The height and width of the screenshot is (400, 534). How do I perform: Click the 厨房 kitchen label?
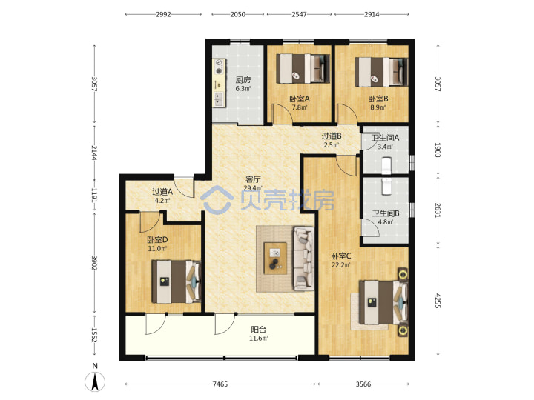(x=243, y=80)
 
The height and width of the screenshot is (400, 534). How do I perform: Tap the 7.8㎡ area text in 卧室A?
(x=300, y=107)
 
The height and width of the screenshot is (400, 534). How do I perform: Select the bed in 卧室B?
(x=381, y=72)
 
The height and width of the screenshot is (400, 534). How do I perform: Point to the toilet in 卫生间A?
(x=386, y=165)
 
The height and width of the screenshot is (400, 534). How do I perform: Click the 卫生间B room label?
(x=386, y=213)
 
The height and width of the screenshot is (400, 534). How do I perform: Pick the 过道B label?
(x=332, y=136)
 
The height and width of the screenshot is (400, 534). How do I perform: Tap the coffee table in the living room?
(x=275, y=258)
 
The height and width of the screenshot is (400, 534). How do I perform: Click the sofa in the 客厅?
(x=304, y=259)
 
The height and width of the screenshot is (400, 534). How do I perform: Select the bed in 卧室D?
(x=176, y=281)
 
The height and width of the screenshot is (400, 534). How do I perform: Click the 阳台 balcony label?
(x=259, y=329)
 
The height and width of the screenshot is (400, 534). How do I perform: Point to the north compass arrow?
(x=95, y=381)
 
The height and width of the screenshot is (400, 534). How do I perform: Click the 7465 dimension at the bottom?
(x=220, y=384)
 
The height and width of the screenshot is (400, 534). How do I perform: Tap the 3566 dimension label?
(x=363, y=384)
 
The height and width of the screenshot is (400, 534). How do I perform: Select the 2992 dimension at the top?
(x=163, y=14)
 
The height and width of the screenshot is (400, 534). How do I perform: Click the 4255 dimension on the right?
(x=438, y=301)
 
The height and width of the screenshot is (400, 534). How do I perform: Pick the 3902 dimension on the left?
(x=95, y=262)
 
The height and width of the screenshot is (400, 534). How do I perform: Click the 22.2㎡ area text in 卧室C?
(x=341, y=265)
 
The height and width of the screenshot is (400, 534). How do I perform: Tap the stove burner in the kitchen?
(x=219, y=67)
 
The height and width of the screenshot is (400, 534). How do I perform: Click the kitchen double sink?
(x=218, y=99)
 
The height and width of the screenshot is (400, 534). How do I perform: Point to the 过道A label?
(x=162, y=192)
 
